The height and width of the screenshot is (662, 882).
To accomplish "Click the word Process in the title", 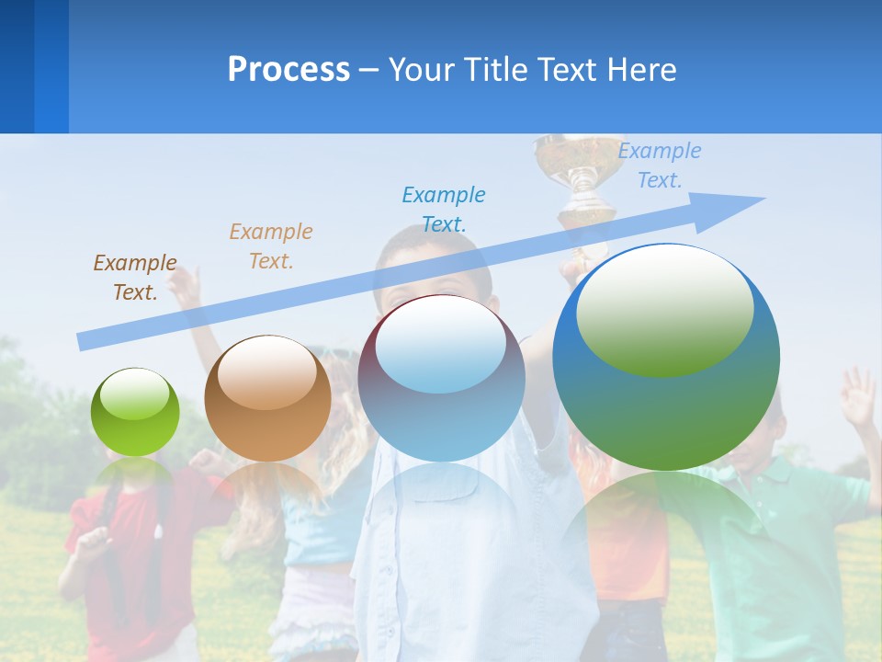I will pyautogui.click(x=288, y=70).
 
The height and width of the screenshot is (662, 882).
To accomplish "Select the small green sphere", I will pyautogui.click(x=135, y=413).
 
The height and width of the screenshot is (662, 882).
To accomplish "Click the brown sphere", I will pyautogui.click(x=267, y=399).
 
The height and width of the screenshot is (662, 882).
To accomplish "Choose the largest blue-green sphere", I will pyautogui.click(x=666, y=357).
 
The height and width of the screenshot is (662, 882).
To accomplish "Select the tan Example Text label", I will pyautogui.click(x=271, y=246).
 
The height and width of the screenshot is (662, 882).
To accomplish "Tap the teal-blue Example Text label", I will pyautogui.click(x=444, y=209).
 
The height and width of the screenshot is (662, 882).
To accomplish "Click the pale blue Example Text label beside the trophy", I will pyautogui.click(x=660, y=165).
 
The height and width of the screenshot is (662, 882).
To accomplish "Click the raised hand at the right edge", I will pyautogui.click(x=859, y=395).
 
